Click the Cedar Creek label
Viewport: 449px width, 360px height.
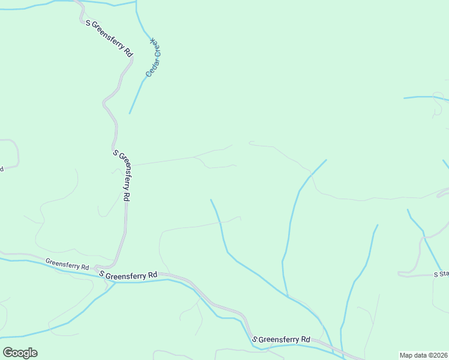click(155, 57)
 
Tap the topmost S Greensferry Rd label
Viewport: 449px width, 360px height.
click(109, 38)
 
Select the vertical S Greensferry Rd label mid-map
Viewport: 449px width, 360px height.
click(122, 175)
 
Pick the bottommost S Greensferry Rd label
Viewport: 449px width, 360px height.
click(281, 339)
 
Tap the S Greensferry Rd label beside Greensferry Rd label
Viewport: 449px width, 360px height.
click(128, 274)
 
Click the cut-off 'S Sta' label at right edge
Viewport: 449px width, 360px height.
click(441, 274)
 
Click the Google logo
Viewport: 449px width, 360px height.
click(20, 353)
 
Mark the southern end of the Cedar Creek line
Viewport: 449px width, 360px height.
click(130, 113)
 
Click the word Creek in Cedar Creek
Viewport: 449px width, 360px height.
click(157, 47)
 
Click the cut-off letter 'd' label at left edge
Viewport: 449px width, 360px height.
click(2, 169)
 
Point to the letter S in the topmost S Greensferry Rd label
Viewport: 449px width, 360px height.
click(88, 23)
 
